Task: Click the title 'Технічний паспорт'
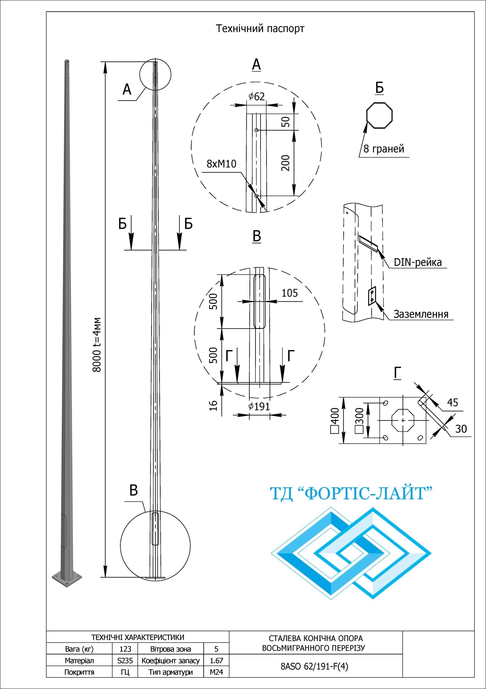click(x=260, y=29)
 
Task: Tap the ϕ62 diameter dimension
click(x=256, y=97)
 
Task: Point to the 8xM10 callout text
click(x=221, y=164)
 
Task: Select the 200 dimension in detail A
click(x=287, y=163)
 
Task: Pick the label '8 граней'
click(x=384, y=149)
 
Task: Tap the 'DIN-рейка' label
click(x=418, y=262)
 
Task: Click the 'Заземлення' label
click(x=421, y=314)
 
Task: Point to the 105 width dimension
click(x=290, y=293)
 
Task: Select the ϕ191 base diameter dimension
click(x=259, y=407)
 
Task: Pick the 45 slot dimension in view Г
click(x=452, y=402)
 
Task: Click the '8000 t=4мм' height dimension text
click(x=97, y=345)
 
